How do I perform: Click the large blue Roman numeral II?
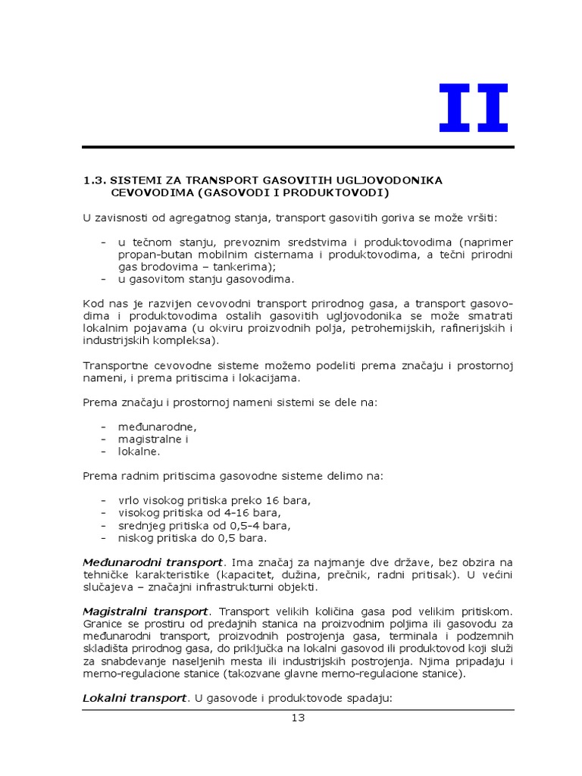tap(474, 108)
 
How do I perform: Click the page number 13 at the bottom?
tap(298, 718)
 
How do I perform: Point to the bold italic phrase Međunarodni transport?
tap(152, 562)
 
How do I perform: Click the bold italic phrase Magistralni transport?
tap(145, 611)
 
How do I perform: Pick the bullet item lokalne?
tap(139, 451)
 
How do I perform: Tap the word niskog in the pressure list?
tap(134, 538)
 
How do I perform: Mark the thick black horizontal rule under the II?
tap(298, 147)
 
